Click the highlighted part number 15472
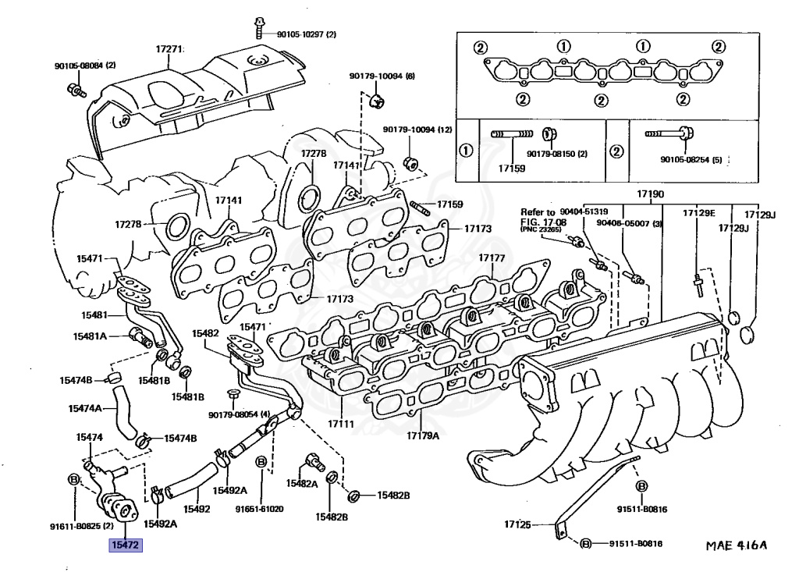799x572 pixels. click(125, 545)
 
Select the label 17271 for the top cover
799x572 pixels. click(169, 49)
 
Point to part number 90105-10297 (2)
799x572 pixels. click(306, 34)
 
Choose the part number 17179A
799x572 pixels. click(422, 435)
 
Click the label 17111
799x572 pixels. click(341, 425)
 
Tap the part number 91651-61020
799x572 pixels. click(260, 509)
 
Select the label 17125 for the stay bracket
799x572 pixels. click(517, 525)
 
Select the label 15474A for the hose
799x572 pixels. click(85, 408)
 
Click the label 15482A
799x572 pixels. click(301, 484)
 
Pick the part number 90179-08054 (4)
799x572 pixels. click(239, 414)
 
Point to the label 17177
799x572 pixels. click(492, 258)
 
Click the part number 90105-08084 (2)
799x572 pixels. click(84, 65)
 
